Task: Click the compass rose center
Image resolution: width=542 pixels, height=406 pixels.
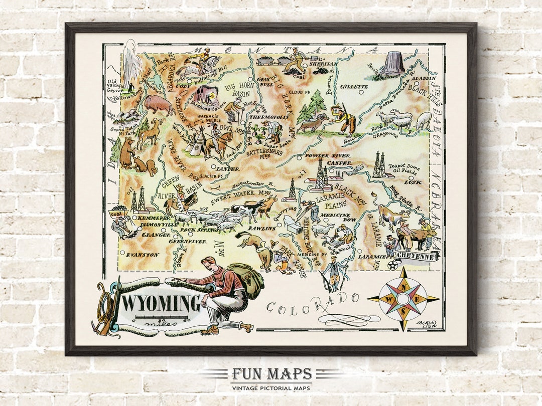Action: click(403, 299)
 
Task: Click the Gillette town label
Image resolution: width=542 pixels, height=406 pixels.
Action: click(354, 86)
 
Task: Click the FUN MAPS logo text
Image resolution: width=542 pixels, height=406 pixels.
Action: click(271, 374)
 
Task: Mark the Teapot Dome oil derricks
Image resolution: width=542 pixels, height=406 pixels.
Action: click(379, 165)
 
